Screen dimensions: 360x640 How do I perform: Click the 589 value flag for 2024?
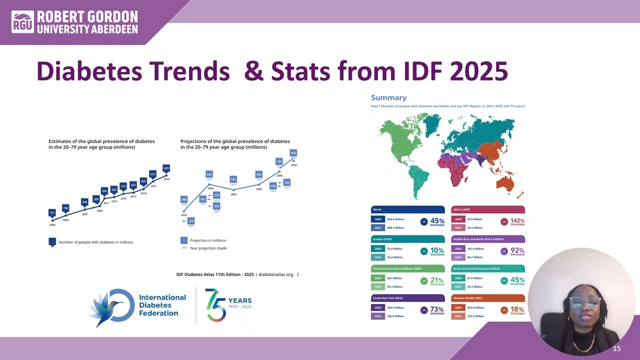pos(166,168)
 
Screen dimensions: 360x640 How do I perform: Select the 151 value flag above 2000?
pos(52,213)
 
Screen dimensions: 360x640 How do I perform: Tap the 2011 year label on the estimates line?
pos(106,203)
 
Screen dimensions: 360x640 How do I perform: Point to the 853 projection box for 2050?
pos(293,153)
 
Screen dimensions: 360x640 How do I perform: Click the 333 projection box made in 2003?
pos(191,220)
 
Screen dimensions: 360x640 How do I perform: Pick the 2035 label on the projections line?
pos(233,194)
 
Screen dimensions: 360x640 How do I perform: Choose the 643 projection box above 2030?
pos(209,174)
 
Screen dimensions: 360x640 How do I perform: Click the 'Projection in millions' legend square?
pos(184,240)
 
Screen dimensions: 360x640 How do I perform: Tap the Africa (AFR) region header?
pos(488,209)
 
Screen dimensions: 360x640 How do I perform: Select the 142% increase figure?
pos(517,221)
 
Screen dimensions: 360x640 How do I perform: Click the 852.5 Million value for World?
pos(395,219)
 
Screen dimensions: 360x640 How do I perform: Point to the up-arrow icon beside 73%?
pos(424,310)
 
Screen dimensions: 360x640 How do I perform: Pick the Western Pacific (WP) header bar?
pos(488,298)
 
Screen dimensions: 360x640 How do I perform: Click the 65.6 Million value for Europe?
pos(394,257)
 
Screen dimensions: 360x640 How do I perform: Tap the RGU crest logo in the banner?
pos(23,22)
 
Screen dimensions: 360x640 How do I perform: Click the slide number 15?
pos(616,348)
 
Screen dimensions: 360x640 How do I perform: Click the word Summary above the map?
pos(388,97)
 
